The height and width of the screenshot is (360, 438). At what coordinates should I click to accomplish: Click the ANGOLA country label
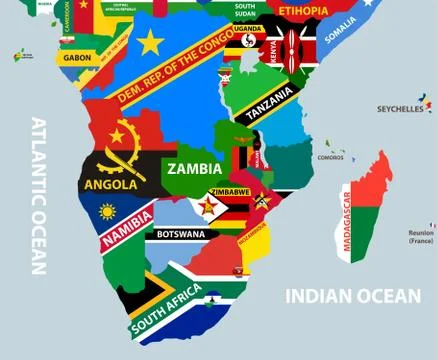[x=112, y=185]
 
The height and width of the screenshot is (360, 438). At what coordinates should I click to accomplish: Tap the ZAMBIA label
[x=195, y=169]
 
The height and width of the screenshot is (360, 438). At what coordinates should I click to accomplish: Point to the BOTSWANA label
[x=181, y=234]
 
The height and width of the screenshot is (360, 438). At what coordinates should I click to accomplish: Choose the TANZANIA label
[x=269, y=104]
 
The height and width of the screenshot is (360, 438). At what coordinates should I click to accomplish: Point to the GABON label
[x=77, y=58]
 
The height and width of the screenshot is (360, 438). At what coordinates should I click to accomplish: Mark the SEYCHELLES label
[x=399, y=108]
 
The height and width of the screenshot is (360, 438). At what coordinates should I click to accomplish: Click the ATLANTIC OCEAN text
[x=39, y=194]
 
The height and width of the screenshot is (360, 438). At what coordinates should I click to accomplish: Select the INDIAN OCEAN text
[x=353, y=295]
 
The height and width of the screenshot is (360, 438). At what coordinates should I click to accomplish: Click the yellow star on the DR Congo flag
[x=151, y=42]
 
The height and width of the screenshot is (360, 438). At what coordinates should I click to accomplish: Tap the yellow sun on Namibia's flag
[x=107, y=212]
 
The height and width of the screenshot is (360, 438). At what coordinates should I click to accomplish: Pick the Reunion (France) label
[x=421, y=237]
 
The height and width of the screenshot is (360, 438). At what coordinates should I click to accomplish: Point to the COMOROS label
[x=331, y=157]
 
